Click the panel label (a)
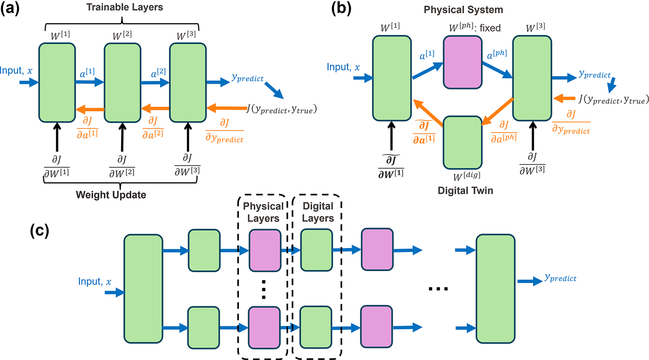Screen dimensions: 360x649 pyautogui.click(x=10, y=9)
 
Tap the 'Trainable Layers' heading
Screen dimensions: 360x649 pyautogui.click(x=125, y=7)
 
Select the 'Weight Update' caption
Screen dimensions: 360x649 pyautogui.click(x=111, y=195)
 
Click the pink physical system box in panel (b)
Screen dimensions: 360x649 pyautogui.click(x=463, y=62)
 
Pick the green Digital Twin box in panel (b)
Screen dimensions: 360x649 pyautogui.click(x=463, y=143)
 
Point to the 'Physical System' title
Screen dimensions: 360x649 pyautogui.click(x=463, y=10)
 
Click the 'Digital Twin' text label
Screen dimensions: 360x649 pyautogui.click(x=465, y=191)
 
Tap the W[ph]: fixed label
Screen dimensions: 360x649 pyautogui.click(x=475, y=28)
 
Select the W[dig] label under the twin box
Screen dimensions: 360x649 pyautogui.click(x=467, y=176)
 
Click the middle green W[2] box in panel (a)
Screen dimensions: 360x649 pyautogui.click(x=122, y=82)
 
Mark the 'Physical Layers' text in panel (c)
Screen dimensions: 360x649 pyautogui.click(x=263, y=212)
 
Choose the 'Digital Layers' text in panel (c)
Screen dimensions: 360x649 pyautogui.click(x=318, y=212)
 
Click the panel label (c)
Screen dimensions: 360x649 pyautogui.click(x=40, y=230)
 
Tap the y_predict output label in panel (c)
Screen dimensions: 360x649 pyautogui.click(x=560, y=278)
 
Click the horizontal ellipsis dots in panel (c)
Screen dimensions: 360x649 pyautogui.click(x=438, y=289)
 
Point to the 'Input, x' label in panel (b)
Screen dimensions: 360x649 pyautogui.click(x=343, y=67)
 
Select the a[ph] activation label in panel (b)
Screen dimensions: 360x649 pyautogui.click(x=497, y=55)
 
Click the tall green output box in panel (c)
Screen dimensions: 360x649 pyautogui.click(x=496, y=289)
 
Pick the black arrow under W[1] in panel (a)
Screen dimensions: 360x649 pyautogui.click(x=57, y=137)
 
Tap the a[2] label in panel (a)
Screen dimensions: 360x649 pyautogui.click(x=158, y=73)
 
